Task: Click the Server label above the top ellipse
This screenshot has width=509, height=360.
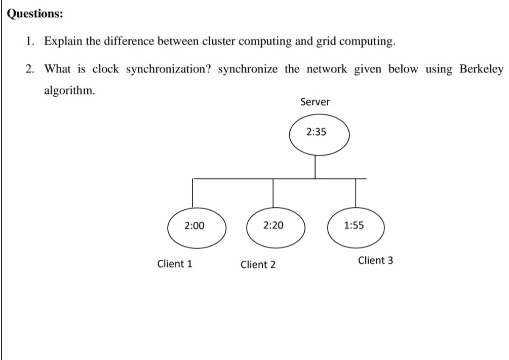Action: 315,102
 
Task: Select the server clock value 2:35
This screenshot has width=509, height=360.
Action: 317,133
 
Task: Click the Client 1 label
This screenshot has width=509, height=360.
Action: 175,264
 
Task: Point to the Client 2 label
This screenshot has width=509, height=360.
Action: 258,264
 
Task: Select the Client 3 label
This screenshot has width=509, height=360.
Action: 375,261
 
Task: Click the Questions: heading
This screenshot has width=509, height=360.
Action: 35,14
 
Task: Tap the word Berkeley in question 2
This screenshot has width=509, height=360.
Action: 481,69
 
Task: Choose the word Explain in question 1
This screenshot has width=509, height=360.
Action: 63,42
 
